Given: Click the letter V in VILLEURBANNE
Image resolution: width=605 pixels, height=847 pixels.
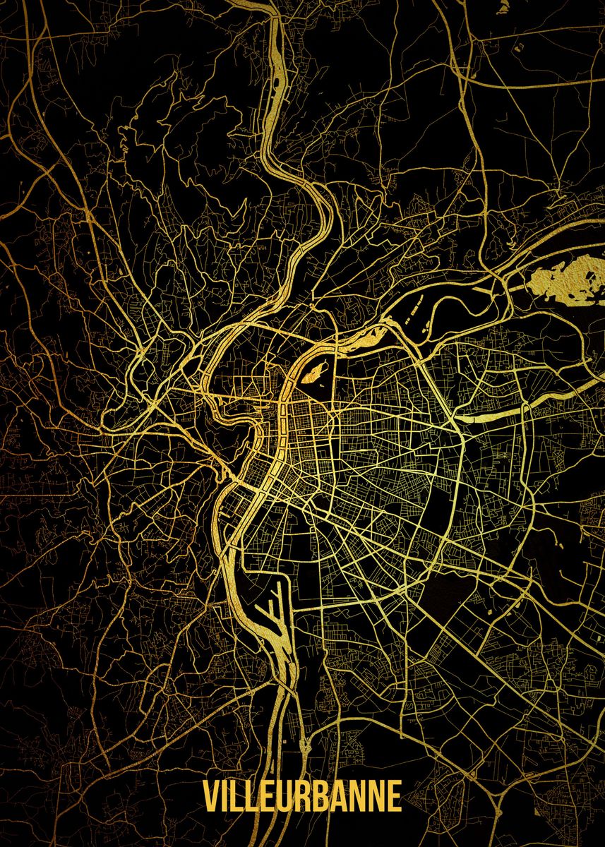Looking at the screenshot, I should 212,796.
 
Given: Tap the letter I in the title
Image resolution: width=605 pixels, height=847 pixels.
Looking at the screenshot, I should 227,796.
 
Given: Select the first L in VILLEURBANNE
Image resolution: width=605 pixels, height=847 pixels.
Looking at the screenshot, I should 240,796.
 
